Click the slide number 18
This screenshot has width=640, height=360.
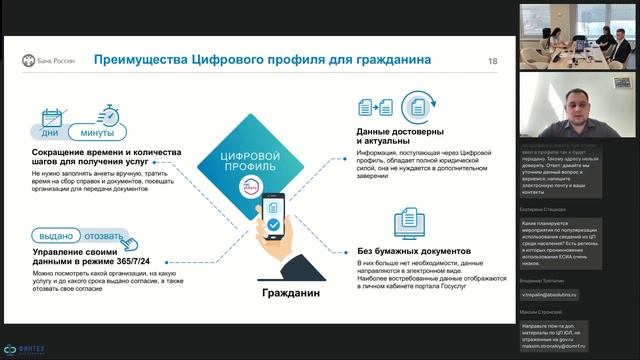(492, 62)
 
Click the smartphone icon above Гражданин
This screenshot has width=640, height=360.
(272, 218)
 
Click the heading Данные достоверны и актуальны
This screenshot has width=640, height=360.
(397, 136)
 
